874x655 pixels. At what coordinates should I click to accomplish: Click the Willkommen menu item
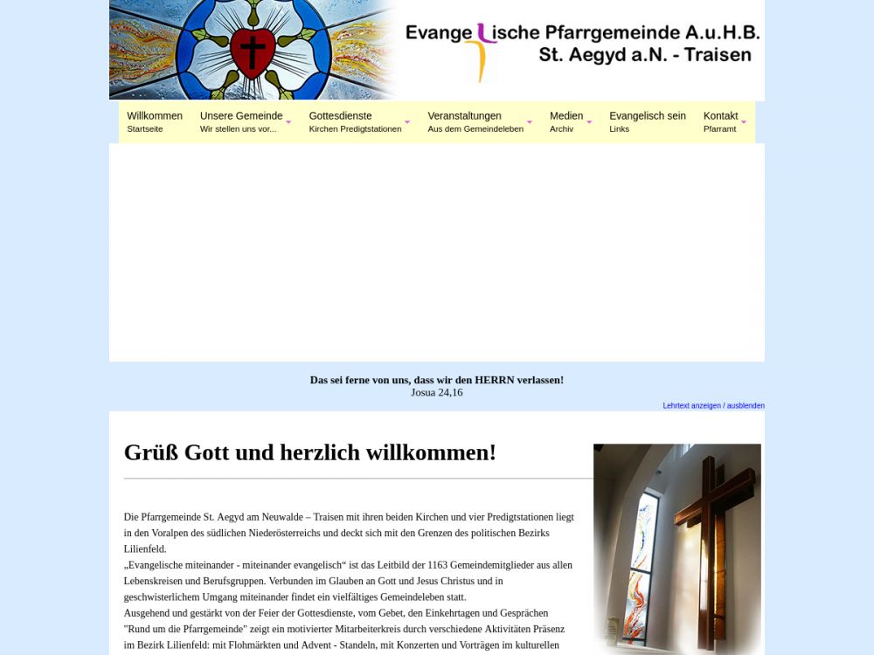tap(154, 121)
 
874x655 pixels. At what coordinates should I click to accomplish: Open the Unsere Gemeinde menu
tap(241, 121)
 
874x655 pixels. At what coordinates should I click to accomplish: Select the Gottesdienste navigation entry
tap(341, 121)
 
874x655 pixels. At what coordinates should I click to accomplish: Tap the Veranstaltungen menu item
tap(465, 121)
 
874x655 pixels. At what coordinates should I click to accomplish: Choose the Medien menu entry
tap(566, 121)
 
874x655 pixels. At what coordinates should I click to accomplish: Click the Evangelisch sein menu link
tap(647, 121)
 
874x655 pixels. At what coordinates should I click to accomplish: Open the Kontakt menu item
tap(720, 121)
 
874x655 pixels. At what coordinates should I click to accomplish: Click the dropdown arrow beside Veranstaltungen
tap(529, 122)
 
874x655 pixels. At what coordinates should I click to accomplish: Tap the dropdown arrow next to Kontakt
tap(744, 122)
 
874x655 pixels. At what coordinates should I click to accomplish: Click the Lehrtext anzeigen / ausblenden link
tap(713, 405)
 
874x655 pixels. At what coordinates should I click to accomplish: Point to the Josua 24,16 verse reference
tap(437, 393)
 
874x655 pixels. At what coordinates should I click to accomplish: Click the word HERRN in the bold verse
tap(495, 380)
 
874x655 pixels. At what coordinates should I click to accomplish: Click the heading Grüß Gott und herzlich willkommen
tap(310, 452)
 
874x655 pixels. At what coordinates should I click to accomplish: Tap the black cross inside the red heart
tap(253, 52)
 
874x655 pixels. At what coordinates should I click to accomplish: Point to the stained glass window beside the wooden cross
tap(644, 559)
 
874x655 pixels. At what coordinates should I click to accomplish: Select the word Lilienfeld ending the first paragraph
tap(145, 549)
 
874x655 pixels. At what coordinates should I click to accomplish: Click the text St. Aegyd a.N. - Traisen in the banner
tap(645, 55)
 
